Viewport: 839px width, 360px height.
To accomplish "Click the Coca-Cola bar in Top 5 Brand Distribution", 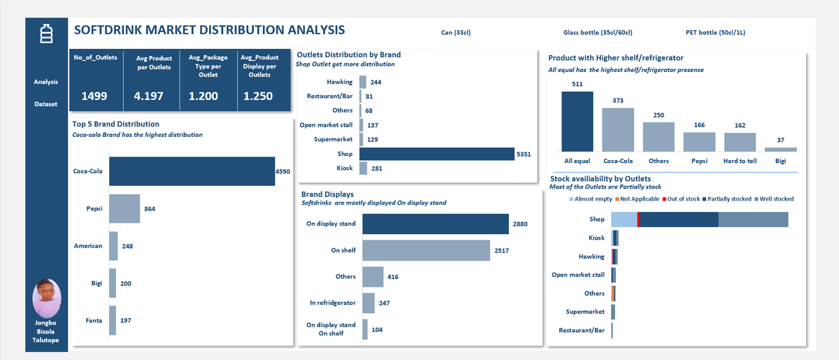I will tap(192, 171).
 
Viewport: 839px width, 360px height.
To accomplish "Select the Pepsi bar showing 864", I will tap(124, 208).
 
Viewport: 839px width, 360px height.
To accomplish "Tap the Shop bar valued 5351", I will tap(437, 154).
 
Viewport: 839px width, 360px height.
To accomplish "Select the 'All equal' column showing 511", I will tap(577, 121).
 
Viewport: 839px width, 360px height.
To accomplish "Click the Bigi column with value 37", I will tap(780, 149).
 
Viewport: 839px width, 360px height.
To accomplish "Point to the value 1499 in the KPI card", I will tap(95, 96).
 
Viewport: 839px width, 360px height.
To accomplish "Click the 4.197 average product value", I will tap(148, 96).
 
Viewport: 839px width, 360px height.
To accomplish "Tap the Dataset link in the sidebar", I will tap(46, 105).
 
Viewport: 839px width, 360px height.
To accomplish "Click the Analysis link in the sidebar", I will tap(46, 82).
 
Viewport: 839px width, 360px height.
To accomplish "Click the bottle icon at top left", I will tap(46, 34).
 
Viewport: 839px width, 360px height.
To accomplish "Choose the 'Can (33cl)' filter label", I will tap(456, 33).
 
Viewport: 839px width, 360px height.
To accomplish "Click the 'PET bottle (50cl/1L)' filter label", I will tap(720, 33).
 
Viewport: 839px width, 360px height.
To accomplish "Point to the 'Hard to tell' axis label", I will tap(740, 161).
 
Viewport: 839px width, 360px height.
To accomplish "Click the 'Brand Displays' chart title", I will tap(327, 194).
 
